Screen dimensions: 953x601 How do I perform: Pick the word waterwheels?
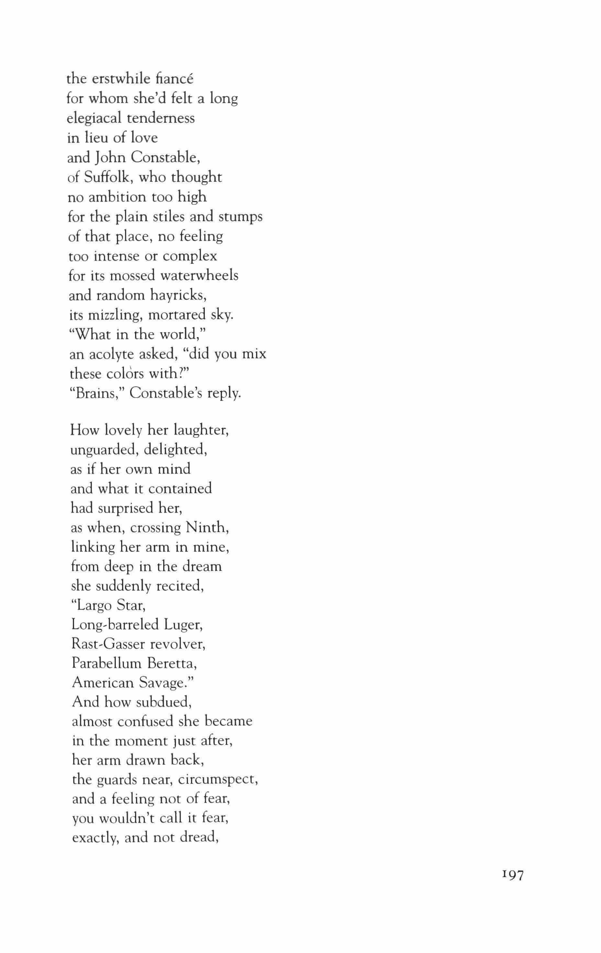click(199, 275)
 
